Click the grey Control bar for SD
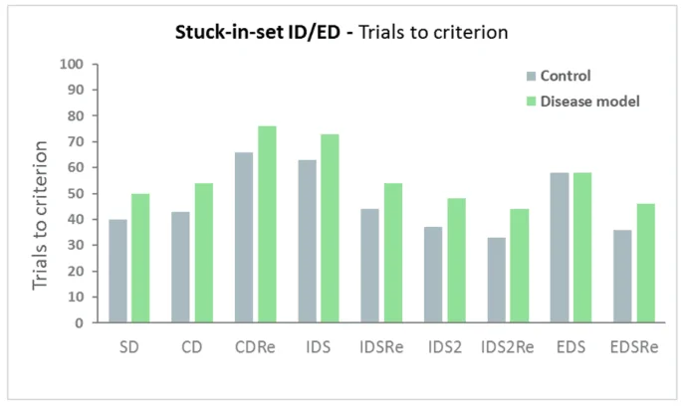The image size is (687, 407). pyautogui.click(x=117, y=272)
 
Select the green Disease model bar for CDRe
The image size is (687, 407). pyautogui.click(x=267, y=224)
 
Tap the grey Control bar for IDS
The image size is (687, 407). pyautogui.click(x=307, y=242)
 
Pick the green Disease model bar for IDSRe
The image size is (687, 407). pyautogui.click(x=393, y=253)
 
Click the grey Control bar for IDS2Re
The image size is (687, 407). pyautogui.click(x=497, y=281)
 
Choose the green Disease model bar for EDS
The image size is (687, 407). pyautogui.click(x=582, y=248)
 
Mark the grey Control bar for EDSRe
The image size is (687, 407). pyautogui.click(x=622, y=277)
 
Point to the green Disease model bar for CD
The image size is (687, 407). pyautogui.click(x=204, y=253)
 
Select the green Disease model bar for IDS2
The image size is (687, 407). pyautogui.click(x=457, y=261)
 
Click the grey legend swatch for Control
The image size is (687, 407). pyautogui.click(x=531, y=77)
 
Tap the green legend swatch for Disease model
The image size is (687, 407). pyautogui.click(x=531, y=102)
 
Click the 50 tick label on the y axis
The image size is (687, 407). pyautogui.click(x=75, y=194)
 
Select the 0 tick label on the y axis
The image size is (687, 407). pyautogui.click(x=79, y=323)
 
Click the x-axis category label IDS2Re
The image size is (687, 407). pyautogui.click(x=508, y=347)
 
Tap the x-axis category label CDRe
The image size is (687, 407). pyautogui.click(x=255, y=347)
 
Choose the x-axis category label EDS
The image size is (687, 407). pyautogui.click(x=571, y=347)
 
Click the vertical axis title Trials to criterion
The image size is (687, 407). pyautogui.click(x=40, y=215)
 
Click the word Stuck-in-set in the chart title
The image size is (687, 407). pyautogui.click(x=229, y=33)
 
